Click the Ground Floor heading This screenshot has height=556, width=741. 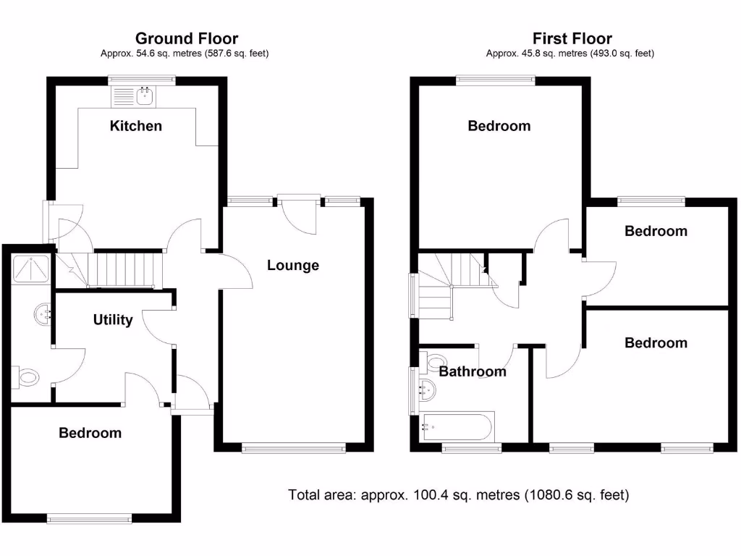coord(187,38)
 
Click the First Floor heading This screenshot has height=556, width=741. coord(572,38)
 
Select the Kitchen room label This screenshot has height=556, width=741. coord(136,126)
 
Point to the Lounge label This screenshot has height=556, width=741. coord(293,265)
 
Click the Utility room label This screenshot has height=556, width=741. coord(113,319)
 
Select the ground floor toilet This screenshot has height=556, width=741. coord(27,376)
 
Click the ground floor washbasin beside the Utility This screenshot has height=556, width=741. coord(43,314)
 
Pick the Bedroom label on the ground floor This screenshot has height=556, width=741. coord(90,433)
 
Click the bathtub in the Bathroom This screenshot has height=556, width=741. coord(457,427)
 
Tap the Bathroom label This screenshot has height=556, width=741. coord(473,371)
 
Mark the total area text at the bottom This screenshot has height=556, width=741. coord(459,495)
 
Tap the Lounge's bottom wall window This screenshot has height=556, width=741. coord(294,449)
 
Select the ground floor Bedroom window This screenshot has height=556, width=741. coord(90,518)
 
